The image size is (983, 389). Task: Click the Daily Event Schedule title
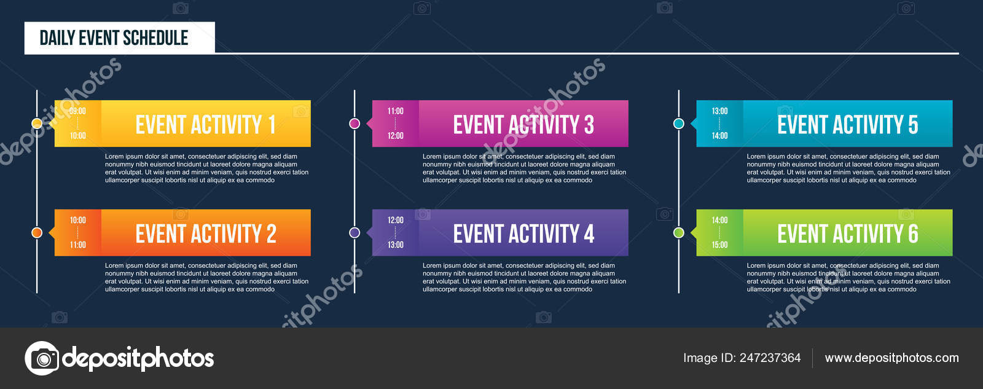tap(114, 37)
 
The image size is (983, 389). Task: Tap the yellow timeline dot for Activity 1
tap(37, 124)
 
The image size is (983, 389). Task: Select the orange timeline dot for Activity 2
tap(37, 232)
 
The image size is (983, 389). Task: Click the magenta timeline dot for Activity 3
tap(354, 124)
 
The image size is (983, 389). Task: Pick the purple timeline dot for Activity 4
tap(354, 232)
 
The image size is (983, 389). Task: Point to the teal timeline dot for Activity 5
tap(679, 124)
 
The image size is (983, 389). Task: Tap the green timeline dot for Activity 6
tap(679, 232)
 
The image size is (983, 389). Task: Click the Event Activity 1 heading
tap(206, 124)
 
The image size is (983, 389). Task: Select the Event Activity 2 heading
tap(206, 233)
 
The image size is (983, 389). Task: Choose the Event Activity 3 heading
tap(523, 124)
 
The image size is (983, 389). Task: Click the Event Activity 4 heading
tap(523, 233)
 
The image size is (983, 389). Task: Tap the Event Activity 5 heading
tap(848, 124)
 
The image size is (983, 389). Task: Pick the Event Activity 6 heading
tap(848, 233)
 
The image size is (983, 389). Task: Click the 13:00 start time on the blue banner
tap(719, 111)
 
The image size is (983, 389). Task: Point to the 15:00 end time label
tap(719, 245)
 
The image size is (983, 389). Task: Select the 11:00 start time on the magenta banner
tap(396, 111)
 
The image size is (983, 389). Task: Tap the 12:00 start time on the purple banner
tap(396, 220)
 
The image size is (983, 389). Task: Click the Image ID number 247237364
tap(770, 358)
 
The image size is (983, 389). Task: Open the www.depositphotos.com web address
tap(891, 358)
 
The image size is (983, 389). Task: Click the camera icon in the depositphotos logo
tap(42, 358)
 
